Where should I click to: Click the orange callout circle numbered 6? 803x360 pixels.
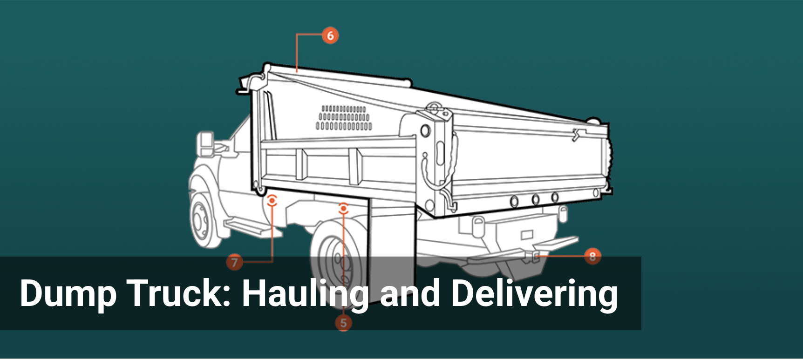330,35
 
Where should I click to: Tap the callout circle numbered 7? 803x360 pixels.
235,262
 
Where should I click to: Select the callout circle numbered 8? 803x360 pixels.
592,256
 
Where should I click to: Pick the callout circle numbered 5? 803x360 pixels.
343,323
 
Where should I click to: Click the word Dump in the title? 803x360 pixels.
68,293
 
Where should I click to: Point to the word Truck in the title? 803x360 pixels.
179,293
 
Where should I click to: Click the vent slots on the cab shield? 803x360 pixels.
344,117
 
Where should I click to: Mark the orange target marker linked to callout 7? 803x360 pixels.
272,201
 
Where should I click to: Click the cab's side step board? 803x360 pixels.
247,227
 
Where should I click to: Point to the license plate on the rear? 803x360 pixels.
527,234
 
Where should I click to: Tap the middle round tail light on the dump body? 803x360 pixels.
535,199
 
